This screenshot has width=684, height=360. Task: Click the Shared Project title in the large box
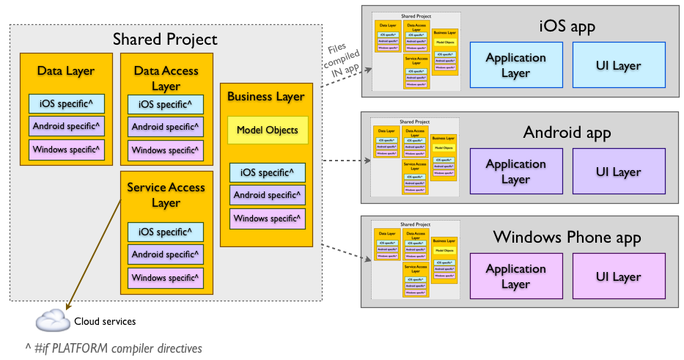point(165,39)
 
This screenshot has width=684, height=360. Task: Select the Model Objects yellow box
point(267,130)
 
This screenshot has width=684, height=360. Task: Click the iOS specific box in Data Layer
point(66,103)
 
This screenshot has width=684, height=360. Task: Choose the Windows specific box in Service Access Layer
point(165,278)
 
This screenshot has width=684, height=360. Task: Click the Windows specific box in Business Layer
point(267,218)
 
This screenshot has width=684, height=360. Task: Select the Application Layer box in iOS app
point(516,65)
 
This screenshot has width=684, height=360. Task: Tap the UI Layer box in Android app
point(618,172)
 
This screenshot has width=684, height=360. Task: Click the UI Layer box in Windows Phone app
point(618,277)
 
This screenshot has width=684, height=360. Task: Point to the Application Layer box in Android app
point(516,172)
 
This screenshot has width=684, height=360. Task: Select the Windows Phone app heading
point(567,238)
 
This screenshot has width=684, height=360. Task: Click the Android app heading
point(567,133)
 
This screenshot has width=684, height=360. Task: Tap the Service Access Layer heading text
point(166,194)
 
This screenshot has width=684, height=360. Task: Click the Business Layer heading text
point(265,96)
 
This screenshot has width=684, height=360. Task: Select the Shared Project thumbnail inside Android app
point(416,157)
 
